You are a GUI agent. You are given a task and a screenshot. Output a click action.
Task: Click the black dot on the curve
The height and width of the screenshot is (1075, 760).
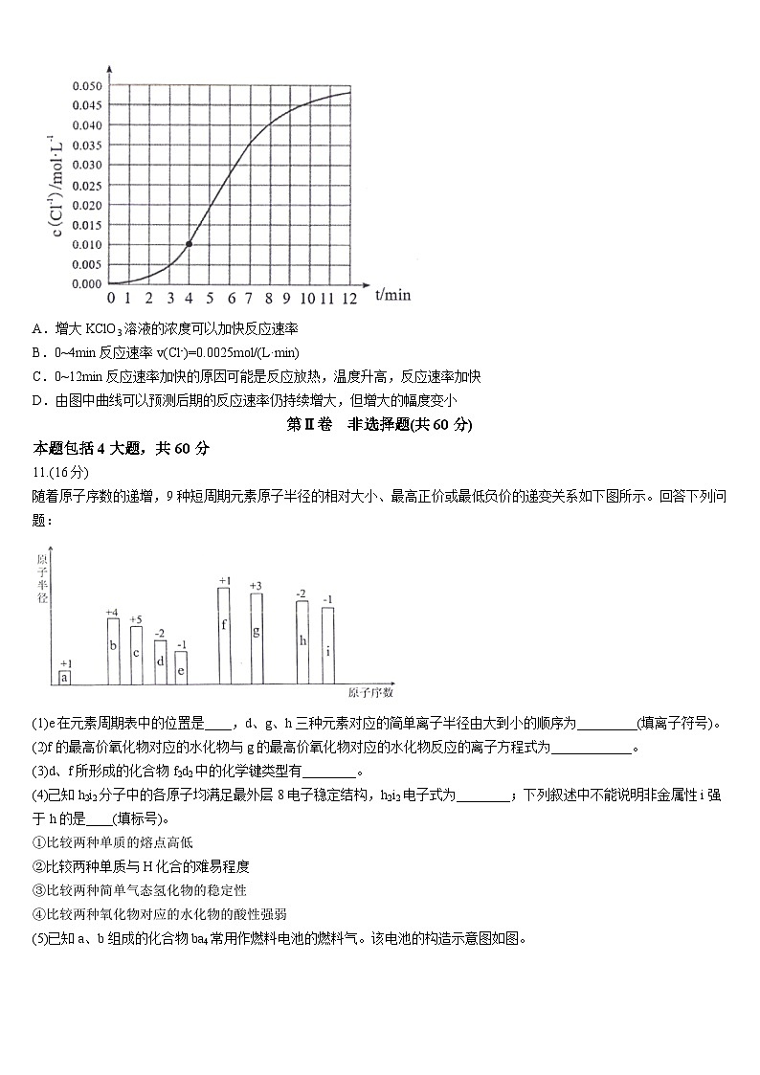click(x=189, y=244)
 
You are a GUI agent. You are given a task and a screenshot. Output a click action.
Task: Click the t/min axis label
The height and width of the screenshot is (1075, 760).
click(x=392, y=295)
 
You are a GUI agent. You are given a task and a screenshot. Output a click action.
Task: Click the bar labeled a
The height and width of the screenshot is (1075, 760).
click(x=65, y=678)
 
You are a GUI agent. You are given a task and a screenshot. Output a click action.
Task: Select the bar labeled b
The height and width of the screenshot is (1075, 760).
click(x=113, y=651)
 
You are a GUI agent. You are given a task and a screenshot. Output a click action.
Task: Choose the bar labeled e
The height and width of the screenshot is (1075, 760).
click(x=181, y=668)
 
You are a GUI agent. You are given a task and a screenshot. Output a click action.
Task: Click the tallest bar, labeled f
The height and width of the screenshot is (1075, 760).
click(x=224, y=636)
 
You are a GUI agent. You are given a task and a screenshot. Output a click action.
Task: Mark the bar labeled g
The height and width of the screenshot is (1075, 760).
click(x=256, y=638)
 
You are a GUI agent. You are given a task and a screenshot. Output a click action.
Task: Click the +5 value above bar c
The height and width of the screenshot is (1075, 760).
click(x=136, y=619)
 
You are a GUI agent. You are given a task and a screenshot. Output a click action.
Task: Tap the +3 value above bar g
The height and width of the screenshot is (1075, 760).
click(x=256, y=586)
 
